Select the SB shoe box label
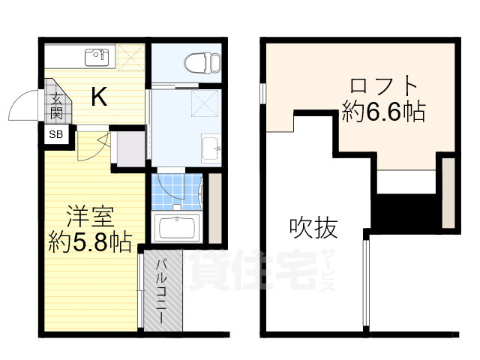56,136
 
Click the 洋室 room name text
90,215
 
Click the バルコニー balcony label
160,291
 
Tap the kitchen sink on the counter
97,56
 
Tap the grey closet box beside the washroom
130,147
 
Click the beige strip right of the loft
448,191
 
